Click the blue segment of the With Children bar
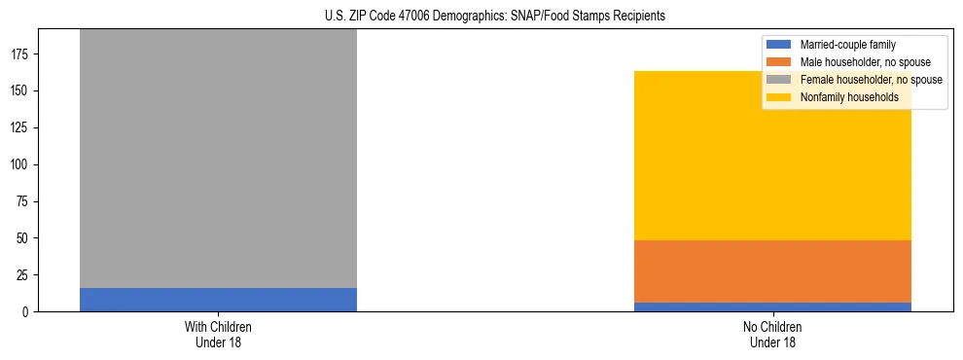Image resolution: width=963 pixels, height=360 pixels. (x=218, y=300)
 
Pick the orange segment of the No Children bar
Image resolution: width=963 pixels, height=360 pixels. (x=772, y=271)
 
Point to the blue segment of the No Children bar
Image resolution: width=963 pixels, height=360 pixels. (x=772, y=307)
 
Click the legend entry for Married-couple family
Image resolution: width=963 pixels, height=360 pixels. (x=847, y=45)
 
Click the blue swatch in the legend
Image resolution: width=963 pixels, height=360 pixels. (x=779, y=45)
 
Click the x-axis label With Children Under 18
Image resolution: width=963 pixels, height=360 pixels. (x=218, y=334)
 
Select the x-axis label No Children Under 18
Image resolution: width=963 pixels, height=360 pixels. (x=772, y=334)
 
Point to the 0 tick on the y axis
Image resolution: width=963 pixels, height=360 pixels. (x=27, y=312)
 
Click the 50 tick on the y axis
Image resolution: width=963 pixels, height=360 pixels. (x=24, y=238)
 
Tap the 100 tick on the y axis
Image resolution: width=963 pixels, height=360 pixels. (x=21, y=164)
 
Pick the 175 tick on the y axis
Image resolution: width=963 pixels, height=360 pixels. (x=21, y=54)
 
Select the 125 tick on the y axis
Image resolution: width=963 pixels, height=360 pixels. (x=21, y=128)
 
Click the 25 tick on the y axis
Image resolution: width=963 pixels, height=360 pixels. (x=24, y=275)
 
